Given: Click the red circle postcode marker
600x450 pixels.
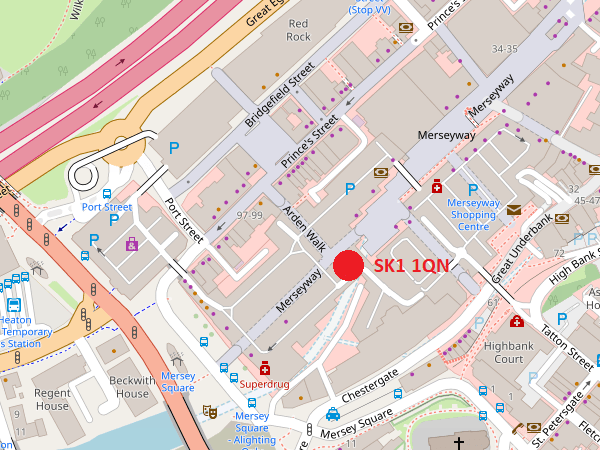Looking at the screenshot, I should pos(347,265).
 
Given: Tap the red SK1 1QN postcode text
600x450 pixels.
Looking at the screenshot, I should pos(412,266).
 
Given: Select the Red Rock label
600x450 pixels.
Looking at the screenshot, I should pos(298,30).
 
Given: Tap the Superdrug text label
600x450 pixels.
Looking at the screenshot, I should pos(265,383).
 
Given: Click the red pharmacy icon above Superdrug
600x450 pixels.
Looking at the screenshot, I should pos(265,367).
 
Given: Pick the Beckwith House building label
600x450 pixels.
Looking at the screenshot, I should pos(130,387).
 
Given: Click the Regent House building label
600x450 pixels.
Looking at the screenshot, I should pos(52,399).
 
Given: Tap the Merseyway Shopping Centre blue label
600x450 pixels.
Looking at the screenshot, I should pos(472,214).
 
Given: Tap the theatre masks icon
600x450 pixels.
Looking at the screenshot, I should pos(210,411).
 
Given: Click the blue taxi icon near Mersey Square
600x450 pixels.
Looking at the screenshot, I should pos(332,414).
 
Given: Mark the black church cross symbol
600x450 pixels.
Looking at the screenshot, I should pos(459,441).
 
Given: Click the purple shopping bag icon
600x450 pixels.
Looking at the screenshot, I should pos(131,244).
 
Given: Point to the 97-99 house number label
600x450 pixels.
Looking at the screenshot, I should pos(249,215).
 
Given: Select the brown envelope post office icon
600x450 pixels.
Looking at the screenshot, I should pos(514,210).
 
